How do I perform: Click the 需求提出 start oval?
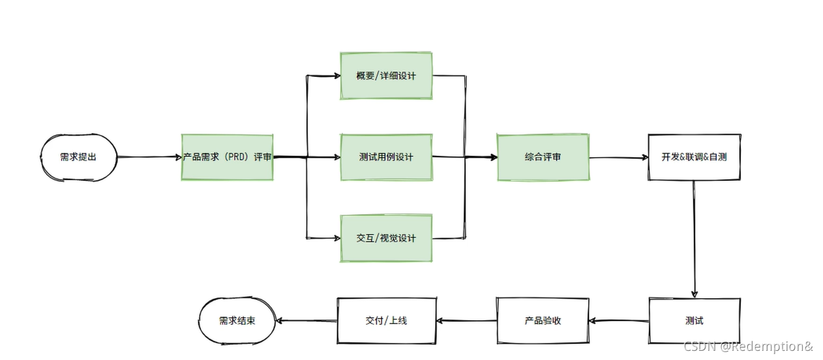pos(78,157)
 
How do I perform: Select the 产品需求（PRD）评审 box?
pos(227,157)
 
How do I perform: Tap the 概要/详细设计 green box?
pos(386,76)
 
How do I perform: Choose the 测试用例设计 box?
pos(386,157)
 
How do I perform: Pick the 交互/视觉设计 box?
pos(386,238)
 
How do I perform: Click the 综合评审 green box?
pos(543,157)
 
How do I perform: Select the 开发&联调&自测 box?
pos(694,157)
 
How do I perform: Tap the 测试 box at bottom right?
pos(694,321)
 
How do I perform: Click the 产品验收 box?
pos(543,321)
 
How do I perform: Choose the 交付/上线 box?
pos(386,321)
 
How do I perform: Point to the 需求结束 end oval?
pos(237,321)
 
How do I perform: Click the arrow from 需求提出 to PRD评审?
pos(149,157)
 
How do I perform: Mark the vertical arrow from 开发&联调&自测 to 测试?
pos(694,239)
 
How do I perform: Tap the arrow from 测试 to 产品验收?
pos(619,321)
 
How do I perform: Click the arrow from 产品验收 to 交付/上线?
pos(466,321)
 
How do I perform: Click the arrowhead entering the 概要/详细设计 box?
pos(337,76)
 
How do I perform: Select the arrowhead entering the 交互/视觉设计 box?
pos(337,238)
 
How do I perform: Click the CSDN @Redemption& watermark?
pos(748,346)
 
